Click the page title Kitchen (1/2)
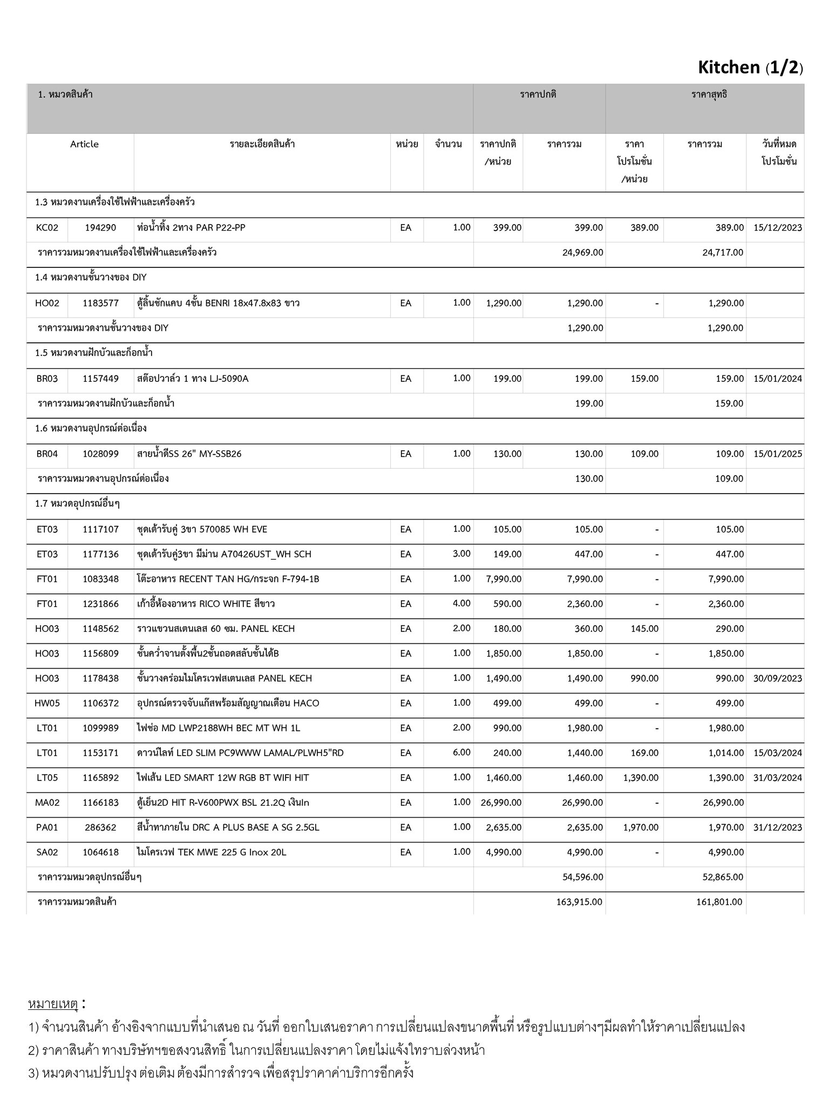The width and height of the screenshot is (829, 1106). tap(750, 68)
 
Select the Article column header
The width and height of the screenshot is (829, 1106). tap(84, 144)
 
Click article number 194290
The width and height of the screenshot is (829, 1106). tap(100, 228)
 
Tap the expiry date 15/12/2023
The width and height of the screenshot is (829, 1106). tap(777, 228)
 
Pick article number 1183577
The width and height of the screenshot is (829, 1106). tap(100, 304)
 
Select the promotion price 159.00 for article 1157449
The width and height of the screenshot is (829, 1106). tap(644, 379)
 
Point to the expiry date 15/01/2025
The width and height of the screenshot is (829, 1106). tap(777, 454)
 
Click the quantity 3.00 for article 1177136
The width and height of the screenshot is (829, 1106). tap(461, 554)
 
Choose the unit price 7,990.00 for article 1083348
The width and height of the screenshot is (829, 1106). tap(504, 579)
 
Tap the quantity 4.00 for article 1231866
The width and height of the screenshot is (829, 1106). tap(461, 604)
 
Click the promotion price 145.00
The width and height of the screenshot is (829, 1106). tap(644, 629)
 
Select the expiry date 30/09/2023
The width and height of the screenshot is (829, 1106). tap(777, 678)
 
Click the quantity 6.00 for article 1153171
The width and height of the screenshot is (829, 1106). tap(461, 753)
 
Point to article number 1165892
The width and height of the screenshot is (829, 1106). tap(100, 778)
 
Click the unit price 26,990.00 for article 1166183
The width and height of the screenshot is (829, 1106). tap(501, 802)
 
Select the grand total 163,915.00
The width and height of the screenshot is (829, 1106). tap(579, 902)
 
